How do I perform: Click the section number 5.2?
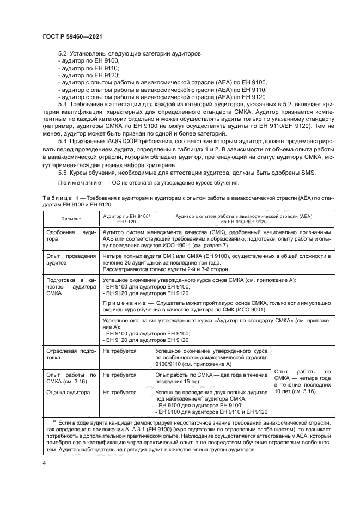[62, 54]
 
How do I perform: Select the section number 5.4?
[62, 142]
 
